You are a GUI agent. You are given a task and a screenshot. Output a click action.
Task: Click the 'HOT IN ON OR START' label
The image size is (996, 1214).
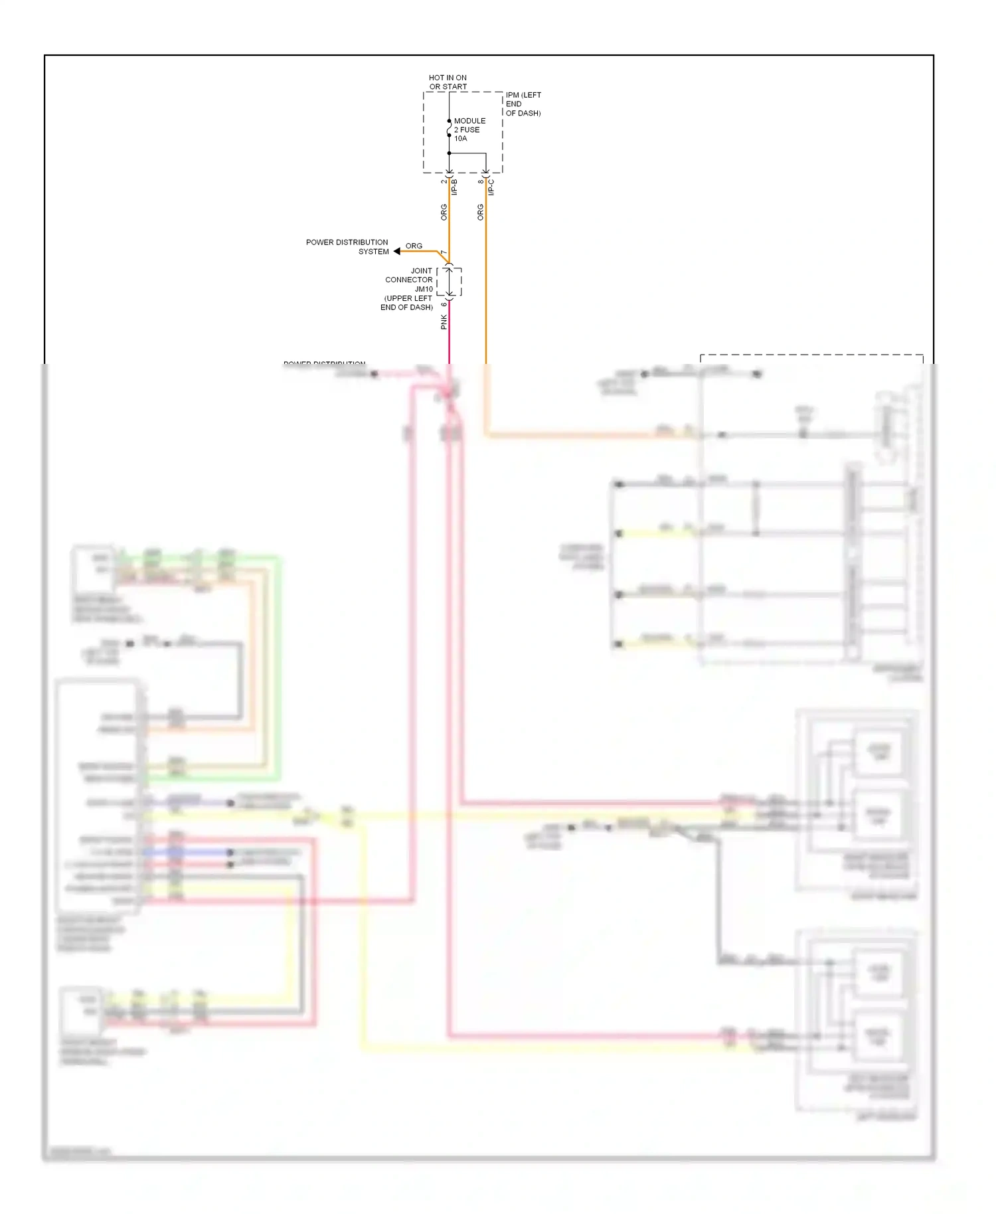tap(448, 82)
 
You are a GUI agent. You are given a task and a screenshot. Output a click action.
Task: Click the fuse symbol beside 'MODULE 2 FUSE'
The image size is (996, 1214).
tap(450, 128)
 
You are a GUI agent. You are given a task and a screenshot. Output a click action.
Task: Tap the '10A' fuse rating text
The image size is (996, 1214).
tap(461, 139)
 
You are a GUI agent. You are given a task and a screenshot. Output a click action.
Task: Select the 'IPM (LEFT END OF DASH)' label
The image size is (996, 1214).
tap(523, 104)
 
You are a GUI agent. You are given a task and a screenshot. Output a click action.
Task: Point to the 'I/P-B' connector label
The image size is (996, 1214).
tap(455, 187)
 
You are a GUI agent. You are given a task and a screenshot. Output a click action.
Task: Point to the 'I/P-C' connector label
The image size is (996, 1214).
tap(491, 187)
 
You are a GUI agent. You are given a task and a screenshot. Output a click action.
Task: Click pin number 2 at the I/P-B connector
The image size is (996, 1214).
tap(444, 181)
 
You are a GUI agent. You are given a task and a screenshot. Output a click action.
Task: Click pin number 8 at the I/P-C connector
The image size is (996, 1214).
tap(480, 181)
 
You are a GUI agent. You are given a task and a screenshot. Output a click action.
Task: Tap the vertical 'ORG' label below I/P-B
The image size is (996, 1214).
tap(444, 213)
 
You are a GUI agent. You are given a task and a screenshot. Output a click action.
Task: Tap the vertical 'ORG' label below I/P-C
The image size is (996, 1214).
tap(481, 213)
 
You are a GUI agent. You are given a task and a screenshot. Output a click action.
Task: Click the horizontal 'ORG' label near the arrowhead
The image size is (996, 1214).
tap(414, 246)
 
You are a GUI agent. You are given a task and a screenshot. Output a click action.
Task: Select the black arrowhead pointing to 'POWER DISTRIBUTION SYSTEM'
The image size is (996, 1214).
tap(397, 251)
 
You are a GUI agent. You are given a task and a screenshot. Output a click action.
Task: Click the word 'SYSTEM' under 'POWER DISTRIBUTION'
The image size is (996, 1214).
tap(374, 252)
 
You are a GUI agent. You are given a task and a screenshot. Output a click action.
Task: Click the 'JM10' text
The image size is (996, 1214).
tap(424, 289)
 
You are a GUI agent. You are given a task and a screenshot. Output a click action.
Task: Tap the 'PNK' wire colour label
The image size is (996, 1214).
tap(444, 322)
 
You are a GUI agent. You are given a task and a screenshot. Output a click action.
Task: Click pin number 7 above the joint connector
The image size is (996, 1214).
tap(444, 253)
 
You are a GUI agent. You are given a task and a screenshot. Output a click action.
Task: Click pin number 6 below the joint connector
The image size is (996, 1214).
tap(444, 305)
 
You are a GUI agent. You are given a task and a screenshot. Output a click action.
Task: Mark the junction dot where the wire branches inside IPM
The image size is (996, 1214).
tap(450, 153)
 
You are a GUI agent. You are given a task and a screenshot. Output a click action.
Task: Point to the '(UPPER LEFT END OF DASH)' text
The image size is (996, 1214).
tap(407, 303)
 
